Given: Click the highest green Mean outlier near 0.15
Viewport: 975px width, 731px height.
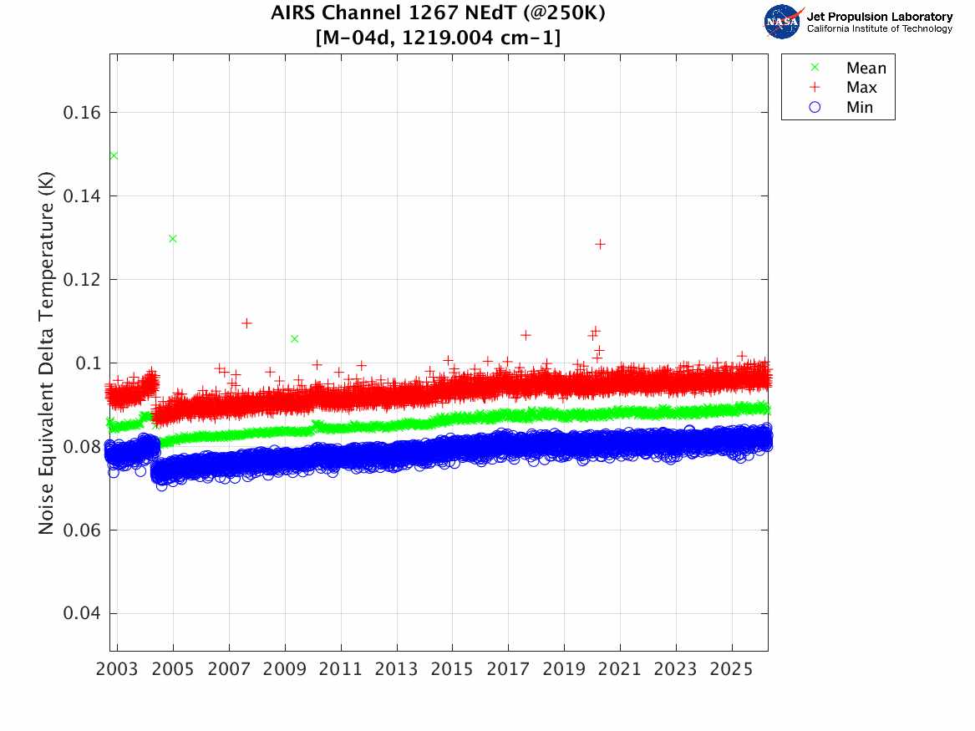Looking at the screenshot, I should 114,155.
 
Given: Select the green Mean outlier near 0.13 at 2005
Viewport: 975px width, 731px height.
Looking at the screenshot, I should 173,238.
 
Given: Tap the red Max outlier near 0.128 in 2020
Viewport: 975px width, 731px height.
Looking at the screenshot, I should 600,244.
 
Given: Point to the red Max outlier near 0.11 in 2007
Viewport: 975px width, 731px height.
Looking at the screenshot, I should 246,323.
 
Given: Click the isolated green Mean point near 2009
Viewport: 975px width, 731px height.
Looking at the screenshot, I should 294,338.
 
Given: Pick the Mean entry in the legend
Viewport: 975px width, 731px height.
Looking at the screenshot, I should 866,68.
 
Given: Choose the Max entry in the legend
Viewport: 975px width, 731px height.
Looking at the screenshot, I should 861,88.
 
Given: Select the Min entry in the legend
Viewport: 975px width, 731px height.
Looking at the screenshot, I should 860,108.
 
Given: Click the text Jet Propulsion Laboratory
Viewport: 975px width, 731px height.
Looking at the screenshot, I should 880,17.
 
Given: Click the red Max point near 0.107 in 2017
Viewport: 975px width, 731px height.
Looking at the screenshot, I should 526,335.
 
